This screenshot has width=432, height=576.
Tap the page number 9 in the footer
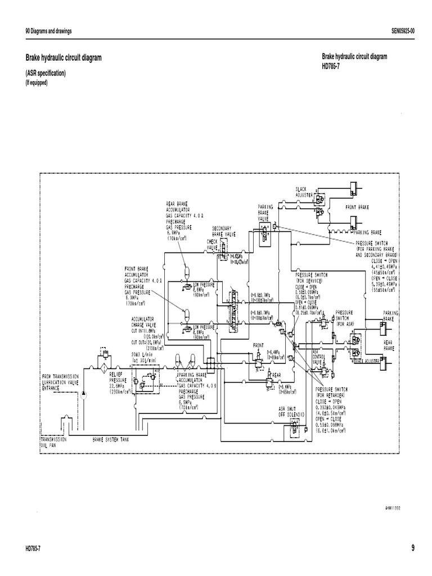click(x=412, y=548)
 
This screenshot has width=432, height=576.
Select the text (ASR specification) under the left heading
click(x=46, y=74)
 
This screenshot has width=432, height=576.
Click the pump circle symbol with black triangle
click(x=84, y=391)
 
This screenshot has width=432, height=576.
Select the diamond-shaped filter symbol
click(x=103, y=368)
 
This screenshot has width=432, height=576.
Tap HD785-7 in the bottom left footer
click(x=36, y=548)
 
